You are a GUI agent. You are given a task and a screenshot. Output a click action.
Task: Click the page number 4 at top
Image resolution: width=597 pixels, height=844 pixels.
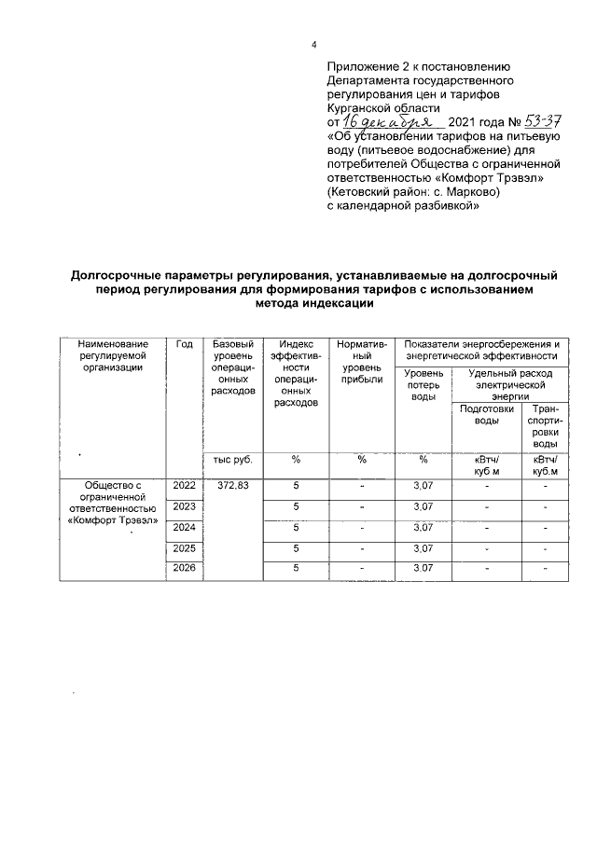(313, 46)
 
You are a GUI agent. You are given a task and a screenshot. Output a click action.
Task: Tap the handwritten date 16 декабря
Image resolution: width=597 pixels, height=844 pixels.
(383, 122)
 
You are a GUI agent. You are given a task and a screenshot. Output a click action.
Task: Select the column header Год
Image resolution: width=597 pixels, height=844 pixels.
(184, 344)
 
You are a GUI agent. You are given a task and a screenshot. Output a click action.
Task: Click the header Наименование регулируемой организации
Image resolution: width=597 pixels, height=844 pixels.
(112, 355)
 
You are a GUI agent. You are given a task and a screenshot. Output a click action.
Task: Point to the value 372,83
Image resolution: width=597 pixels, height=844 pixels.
(231, 486)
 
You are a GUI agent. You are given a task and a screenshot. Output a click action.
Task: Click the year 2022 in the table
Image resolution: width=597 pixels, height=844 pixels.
(184, 486)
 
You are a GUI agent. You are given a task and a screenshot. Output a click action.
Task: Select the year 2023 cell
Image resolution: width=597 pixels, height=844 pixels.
(184, 506)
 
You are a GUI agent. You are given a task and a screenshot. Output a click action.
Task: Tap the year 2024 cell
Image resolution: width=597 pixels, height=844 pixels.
(184, 527)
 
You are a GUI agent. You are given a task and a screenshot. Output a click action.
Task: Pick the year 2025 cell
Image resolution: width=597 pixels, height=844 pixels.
(184, 547)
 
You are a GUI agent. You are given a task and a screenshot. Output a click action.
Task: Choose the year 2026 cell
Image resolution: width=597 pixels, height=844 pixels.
(184, 568)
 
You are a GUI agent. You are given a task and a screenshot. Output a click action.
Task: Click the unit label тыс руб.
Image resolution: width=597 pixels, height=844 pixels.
(231, 459)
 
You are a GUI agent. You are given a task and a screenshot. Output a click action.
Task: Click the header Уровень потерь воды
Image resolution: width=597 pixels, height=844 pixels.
(423, 385)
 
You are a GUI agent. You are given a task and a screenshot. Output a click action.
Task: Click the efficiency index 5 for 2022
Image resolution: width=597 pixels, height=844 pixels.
(296, 486)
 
